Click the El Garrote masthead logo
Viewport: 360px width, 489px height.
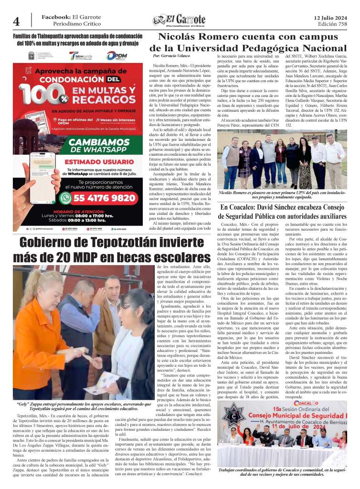179,20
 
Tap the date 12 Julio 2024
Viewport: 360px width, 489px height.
330,17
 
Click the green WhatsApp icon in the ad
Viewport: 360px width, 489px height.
65,197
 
